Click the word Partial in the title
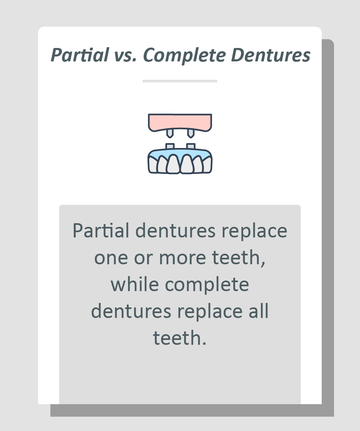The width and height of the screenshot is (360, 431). tap(80, 55)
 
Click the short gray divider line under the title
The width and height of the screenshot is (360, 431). tap(180, 81)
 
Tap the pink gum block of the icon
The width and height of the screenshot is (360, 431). tap(180, 121)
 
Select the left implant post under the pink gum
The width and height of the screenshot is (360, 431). tap(169, 133)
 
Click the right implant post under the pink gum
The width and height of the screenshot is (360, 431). tap(190, 133)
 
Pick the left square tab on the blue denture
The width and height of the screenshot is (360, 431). tap(170, 146)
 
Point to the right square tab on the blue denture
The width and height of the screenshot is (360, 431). tap(190, 146)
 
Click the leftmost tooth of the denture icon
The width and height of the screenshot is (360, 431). tap(152, 164)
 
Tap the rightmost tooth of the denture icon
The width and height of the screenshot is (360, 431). tap(207, 164)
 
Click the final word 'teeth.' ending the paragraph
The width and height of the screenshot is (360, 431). tap(180, 338)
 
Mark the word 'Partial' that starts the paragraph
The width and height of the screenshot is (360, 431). tap(101, 231)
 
